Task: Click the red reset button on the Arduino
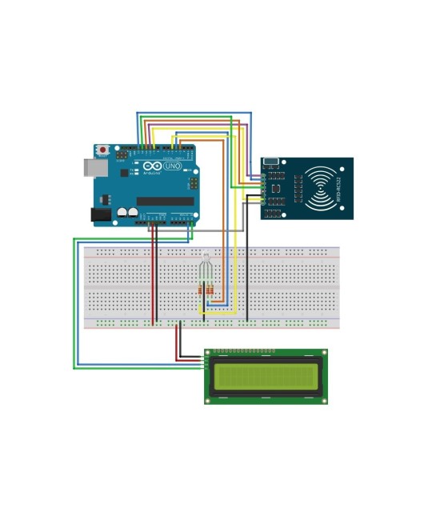point(102,150)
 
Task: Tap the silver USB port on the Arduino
point(90,167)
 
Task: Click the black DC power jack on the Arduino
point(100,214)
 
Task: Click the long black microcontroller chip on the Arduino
point(165,202)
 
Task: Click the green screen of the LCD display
point(266,376)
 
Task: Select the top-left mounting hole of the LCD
point(210,354)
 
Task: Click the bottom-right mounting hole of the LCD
point(322,398)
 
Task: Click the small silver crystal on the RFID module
point(272,161)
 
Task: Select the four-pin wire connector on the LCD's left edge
point(208,363)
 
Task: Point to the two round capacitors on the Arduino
point(126,213)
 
